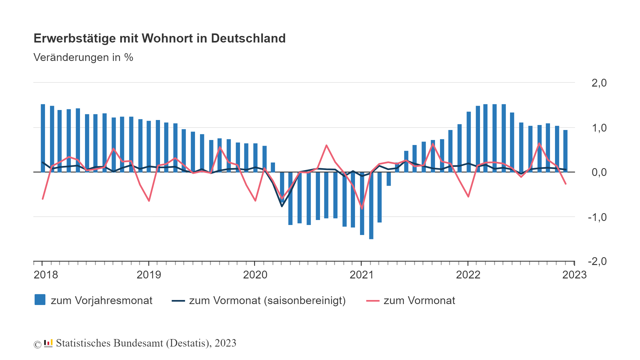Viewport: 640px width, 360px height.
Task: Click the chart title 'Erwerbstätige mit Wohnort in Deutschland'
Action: coord(159,38)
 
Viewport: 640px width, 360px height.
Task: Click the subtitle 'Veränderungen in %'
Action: coord(83,57)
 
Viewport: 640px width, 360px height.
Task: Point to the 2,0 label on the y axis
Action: coord(599,83)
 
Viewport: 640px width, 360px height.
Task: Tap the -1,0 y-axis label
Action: coord(597,217)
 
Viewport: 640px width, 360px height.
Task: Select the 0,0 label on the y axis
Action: coord(599,172)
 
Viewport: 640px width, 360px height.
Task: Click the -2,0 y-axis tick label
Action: coord(597,261)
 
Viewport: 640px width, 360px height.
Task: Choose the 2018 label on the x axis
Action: coord(46,275)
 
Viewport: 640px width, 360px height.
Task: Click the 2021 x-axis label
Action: coord(362,275)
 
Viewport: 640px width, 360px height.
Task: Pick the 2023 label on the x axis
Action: coord(574,275)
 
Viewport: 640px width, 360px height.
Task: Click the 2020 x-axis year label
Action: coord(255,275)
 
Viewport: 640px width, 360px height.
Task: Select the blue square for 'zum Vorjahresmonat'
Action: coord(40,300)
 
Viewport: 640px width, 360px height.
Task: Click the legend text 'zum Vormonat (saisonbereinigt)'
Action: coord(267,301)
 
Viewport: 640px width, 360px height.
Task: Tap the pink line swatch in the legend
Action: coord(372,301)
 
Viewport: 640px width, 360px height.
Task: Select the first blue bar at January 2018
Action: coord(43,137)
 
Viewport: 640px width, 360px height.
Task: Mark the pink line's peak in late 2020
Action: coord(326,145)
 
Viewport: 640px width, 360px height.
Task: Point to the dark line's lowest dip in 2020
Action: coord(282,206)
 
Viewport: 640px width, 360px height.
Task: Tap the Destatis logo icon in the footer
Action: coord(48,343)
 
